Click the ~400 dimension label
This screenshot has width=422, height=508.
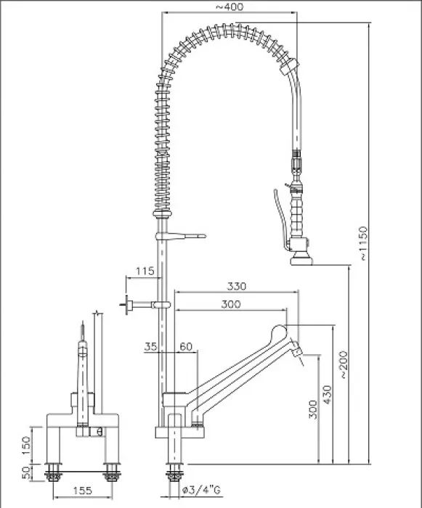[x=230, y=7]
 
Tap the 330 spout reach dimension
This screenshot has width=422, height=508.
[x=236, y=287]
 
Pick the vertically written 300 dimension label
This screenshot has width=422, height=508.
[x=312, y=413]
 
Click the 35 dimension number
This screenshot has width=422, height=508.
[x=151, y=348]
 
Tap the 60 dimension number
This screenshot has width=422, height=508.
[x=186, y=348]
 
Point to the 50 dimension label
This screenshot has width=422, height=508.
[x=27, y=473]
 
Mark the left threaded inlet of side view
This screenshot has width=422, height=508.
[x=52, y=475]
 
